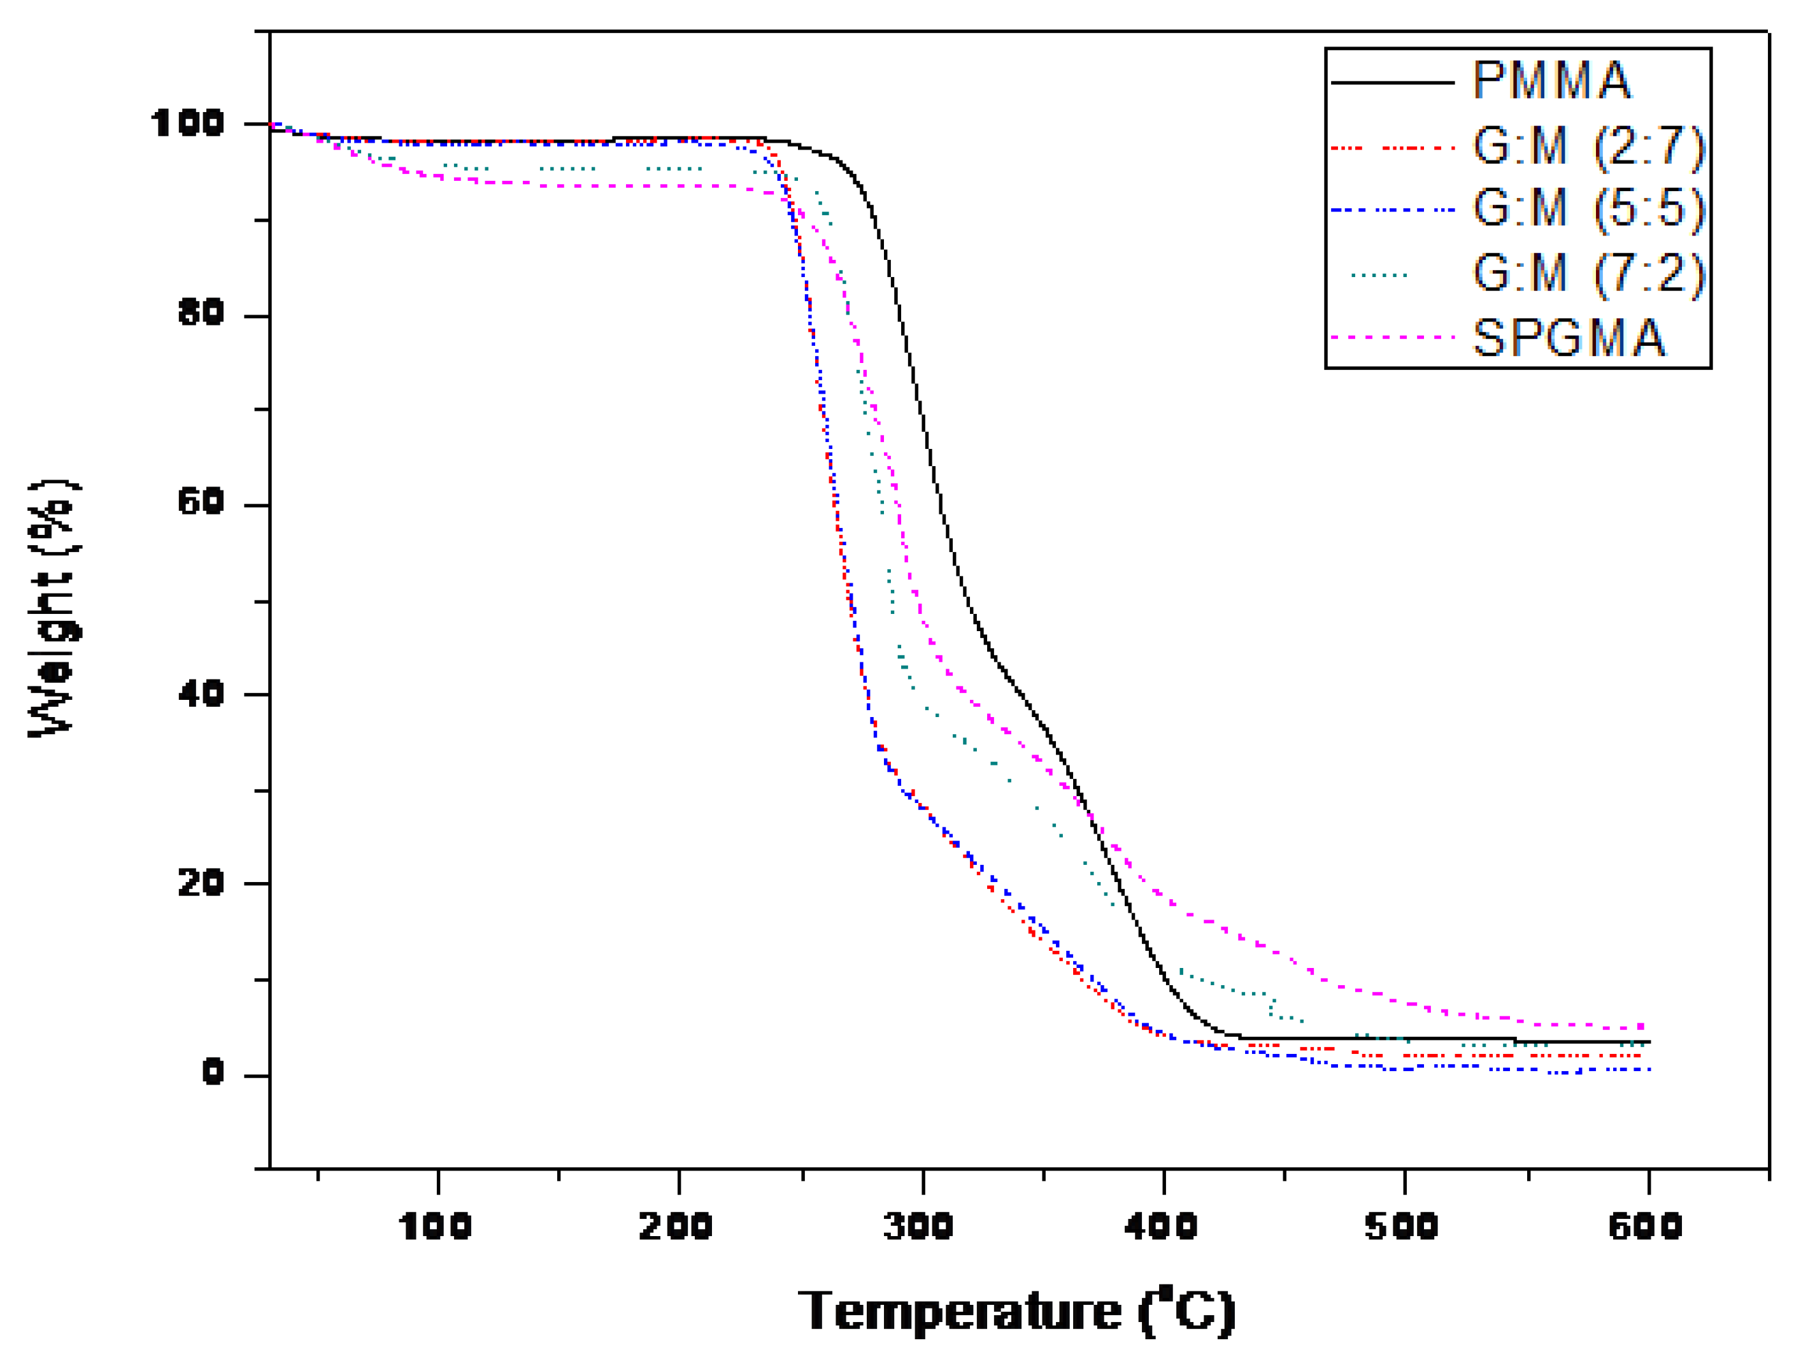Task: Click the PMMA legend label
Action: pyautogui.click(x=1551, y=82)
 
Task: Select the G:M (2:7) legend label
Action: pyautogui.click(x=1588, y=147)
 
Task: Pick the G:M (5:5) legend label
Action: pyautogui.click(x=1588, y=209)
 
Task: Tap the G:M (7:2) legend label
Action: pyautogui.click(x=1588, y=273)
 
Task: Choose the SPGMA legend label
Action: pyautogui.click(x=1568, y=338)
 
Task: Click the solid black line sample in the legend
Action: pyautogui.click(x=1392, y=82)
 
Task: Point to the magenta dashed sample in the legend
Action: pyautogui.click(x=1392, y=337)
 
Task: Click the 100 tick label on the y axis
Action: pyautogui.click(x=187, y=124)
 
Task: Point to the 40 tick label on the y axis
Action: pyautogui.click(x=200, y=694)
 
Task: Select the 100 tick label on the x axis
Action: pyautogui.click(x=435, y=1226)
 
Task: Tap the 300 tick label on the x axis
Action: pyautogui.click(x=919, y=1226)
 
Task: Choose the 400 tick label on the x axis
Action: pyautogui.click(x=1160, y=1226)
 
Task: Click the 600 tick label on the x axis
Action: pyautogui.click(x=1645, y=1226)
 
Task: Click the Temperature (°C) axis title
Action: pyautogui.click(x=1016, y=1311)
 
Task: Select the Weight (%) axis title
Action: pyautogui.click(x=53, y=608)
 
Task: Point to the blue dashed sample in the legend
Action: pyautogui.click(x=1392, y=210)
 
